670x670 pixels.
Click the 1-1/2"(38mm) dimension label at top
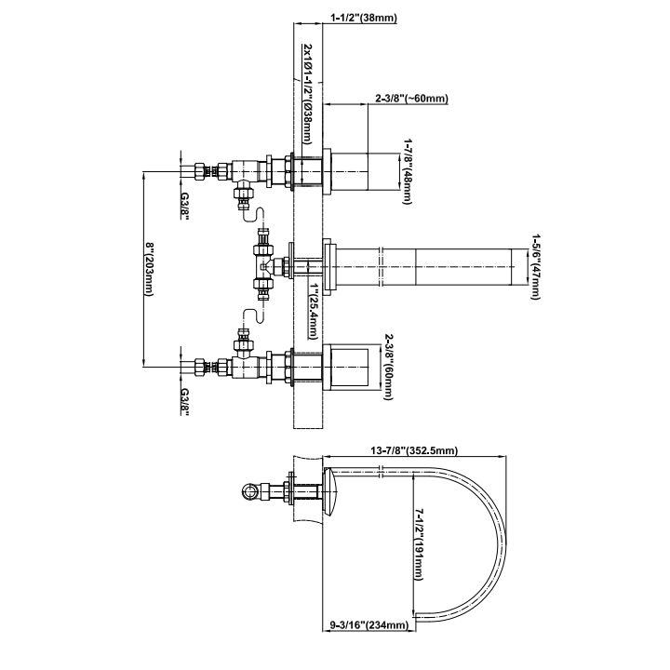[364, 18]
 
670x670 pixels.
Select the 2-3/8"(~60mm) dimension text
[412, 99]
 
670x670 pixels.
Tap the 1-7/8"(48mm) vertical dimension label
[408, 171]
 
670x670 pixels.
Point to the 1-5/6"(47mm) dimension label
[535, 267]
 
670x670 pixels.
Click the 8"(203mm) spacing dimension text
[149, 270]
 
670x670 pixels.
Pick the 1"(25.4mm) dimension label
[315, 311]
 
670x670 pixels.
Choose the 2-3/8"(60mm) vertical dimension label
[388, 367]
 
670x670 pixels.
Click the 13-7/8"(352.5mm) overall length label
[414, 450]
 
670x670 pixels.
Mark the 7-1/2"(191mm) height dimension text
[419, 544]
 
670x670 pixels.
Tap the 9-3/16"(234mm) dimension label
[368, 625]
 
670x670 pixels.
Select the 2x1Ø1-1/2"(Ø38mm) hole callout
[308, 94]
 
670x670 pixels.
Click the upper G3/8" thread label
[184, 206]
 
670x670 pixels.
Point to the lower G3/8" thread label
[184, 402]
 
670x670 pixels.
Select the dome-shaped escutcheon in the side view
[330, 490]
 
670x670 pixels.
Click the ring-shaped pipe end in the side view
[248, 491]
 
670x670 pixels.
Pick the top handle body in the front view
[350, 171]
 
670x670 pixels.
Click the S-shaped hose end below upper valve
[254, 215]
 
